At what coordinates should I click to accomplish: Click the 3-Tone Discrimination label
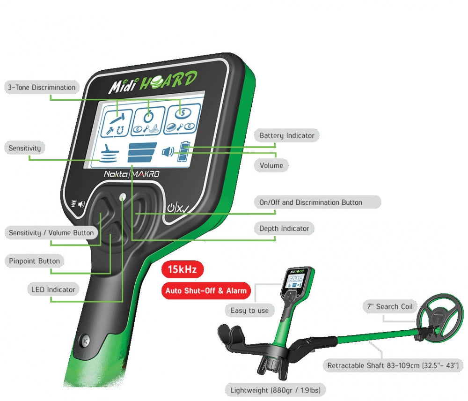[x=41, y=88]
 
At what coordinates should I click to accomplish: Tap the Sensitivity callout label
[x=25, y=149]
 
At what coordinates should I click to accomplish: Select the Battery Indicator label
[x=286, y=136]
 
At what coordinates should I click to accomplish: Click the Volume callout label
[x=271, y=165]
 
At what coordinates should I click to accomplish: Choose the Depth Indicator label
[x=284, y=229]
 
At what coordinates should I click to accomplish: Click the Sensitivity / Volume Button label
[x=51, y=233]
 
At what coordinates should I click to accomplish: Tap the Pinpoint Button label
[x=35, y=261]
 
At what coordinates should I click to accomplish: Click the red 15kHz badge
[x=182, y=270]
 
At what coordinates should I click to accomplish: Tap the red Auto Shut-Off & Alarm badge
[x=206, y=291]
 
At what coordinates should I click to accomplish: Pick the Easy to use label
[x=249, y=311]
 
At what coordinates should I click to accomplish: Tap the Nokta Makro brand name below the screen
[x=132, y=174]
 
